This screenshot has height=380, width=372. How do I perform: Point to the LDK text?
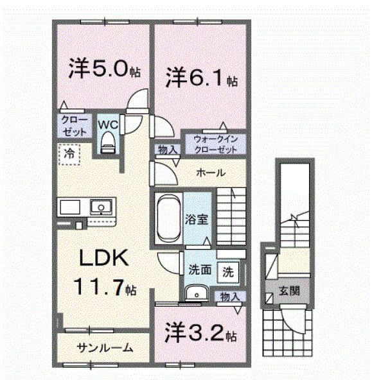(x=105, y=258)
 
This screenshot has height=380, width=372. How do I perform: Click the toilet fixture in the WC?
(x=108, y=142)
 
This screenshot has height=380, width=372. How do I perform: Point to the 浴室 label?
(x=197, y=219)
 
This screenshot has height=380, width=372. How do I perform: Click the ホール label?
(x=210, y=172)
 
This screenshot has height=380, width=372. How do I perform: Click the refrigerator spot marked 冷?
(x=67, y=153)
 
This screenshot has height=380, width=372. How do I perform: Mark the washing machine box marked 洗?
(x=227, y=271)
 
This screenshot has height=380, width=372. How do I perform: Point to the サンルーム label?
(x=105, y=348)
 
